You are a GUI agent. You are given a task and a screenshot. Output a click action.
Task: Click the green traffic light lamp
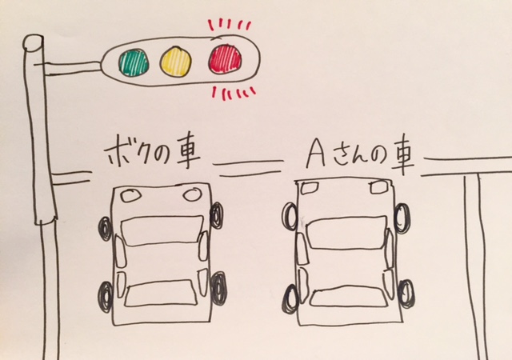[x=134, y=60]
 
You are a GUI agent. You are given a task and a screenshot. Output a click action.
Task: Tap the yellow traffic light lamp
[x=176, y=59]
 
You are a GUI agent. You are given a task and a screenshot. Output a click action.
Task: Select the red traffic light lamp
[x=226, y=58]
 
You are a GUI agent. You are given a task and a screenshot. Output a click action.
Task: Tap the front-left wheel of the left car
[x=106, y=230]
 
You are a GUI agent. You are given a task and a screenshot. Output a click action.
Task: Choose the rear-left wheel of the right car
[x=290, y=284]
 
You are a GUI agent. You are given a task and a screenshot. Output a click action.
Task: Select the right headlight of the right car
[x=374, y=188]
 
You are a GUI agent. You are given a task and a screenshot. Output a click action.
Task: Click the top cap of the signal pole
[x=34, y=42]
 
